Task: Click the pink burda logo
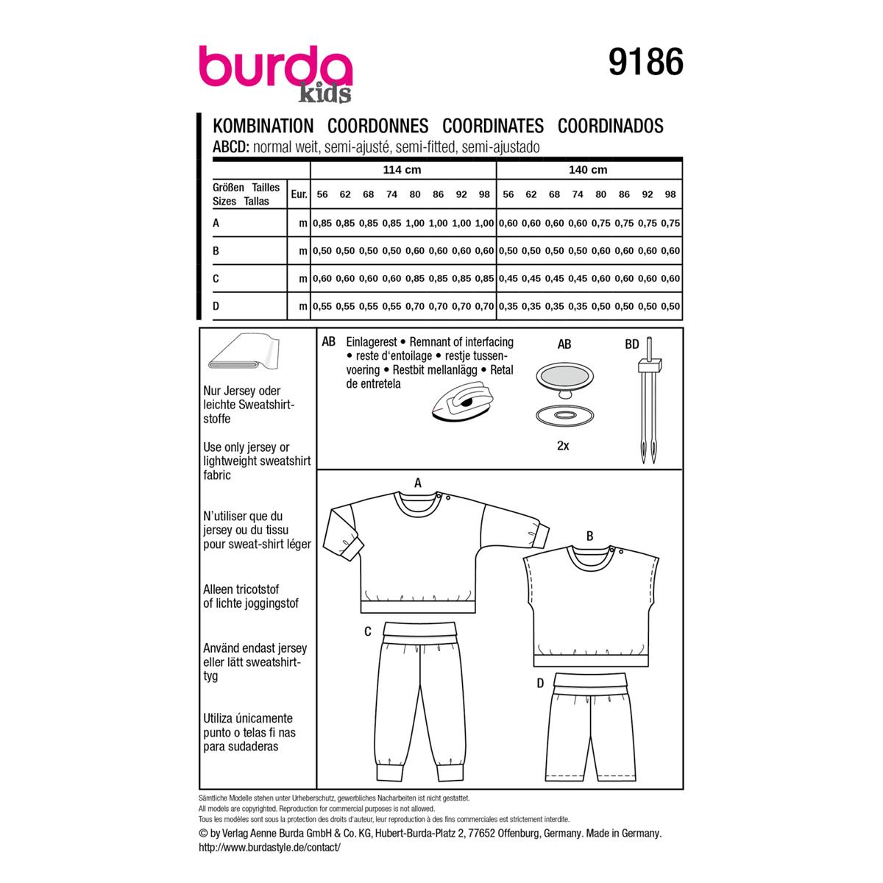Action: [x=275, y=66]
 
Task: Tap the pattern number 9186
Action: [x=645, y=62]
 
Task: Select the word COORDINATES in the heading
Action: [x=493, y=126]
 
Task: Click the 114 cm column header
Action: [x=402, y=169]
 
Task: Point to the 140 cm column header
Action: [x=588, y=169]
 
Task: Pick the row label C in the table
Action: [x=216, y=278]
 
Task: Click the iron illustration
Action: [x=462, y=403]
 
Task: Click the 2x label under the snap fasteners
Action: [x=563, y=445]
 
